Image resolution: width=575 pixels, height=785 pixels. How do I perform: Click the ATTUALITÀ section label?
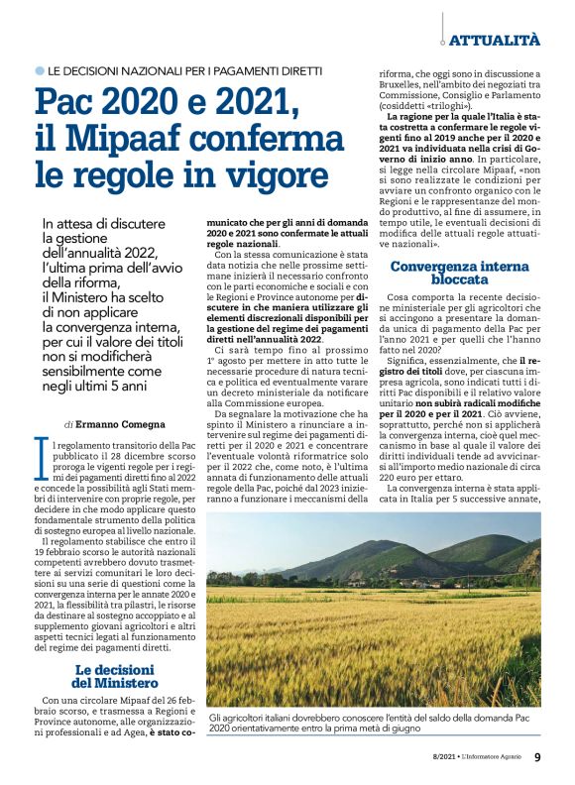pyautogui.click(x=495, y=40)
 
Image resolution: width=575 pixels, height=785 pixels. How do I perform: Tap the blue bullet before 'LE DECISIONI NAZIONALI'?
pyautogui.click(x=40, y=71)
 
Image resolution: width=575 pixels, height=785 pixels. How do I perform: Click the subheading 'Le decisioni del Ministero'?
pyautogui.click(x=115, y=677)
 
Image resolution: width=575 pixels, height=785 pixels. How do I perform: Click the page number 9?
pyautogui.click(x=536, y=758)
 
